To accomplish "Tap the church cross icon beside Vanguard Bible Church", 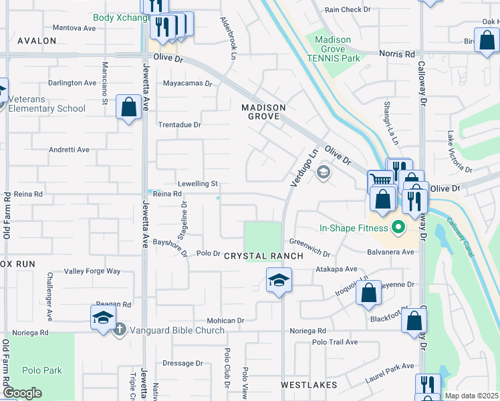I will tap(120, 329).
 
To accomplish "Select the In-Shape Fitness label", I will tap(354, 229).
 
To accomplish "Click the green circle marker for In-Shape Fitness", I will tap(399, 229).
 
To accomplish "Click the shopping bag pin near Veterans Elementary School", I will tap(128, 107).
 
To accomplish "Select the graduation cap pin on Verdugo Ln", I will tap(279, 280).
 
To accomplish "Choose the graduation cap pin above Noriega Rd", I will tap(104, 317).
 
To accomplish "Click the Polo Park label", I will tap(41, 370).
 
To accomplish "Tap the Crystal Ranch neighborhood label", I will tap(263, 256).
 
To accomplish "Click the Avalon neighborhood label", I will tap(37, 41).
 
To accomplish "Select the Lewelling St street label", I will tap(198, 183).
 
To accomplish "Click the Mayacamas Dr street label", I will tap(187, 84).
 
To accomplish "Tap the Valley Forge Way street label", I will tap(92, 271).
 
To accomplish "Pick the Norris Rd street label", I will tap(397, 53).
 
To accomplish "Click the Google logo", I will tap(22, 393).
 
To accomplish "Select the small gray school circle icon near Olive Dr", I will tap(324, 173).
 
